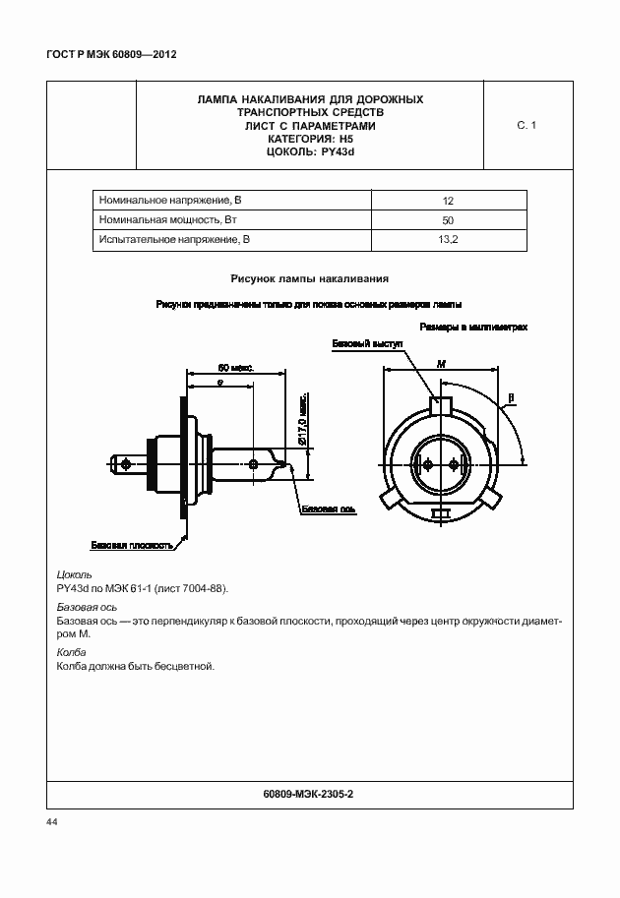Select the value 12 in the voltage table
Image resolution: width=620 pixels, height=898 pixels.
pos(448,200)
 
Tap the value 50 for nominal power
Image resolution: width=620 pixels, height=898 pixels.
pos(448,220)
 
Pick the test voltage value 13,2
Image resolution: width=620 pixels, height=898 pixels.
pos(448,240)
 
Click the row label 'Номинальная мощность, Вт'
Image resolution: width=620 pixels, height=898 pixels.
pos(167,220)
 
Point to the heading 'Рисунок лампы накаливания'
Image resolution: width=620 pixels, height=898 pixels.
pos(310,278)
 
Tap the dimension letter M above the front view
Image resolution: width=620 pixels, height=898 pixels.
pos(441,364)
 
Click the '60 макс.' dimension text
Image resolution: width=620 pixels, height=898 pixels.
pos(235,367)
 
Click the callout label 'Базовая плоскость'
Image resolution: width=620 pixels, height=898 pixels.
pos(132,544)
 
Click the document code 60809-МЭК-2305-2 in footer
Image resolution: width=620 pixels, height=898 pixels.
pos(309,793)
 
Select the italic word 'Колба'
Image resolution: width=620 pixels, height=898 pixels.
pos(72,652)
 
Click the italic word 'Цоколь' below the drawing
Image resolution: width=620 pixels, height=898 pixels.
pos(76,574)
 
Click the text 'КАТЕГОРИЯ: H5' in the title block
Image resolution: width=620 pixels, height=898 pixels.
pos(310,140)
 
